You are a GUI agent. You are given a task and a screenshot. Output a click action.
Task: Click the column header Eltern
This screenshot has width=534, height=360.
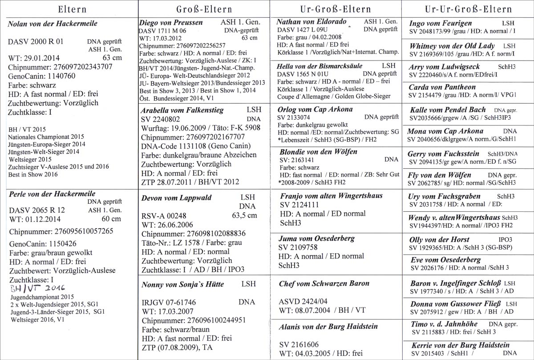(69, 8)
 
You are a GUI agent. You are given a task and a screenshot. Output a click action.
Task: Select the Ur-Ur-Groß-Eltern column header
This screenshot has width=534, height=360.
(467, 8)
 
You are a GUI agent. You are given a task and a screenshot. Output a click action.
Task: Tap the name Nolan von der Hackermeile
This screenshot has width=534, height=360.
(53, 24)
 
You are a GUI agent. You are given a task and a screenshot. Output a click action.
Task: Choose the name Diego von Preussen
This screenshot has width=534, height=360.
(171, 23)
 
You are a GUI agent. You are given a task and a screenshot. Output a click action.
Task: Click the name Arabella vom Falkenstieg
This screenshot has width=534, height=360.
(182, 110)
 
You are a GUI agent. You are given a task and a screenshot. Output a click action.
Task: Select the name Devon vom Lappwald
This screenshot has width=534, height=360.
(176, 198)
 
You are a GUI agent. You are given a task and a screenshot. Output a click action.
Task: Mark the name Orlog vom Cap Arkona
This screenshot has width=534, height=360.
(315, 109)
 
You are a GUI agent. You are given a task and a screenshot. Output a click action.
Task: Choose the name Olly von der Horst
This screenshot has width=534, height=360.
(439, 239)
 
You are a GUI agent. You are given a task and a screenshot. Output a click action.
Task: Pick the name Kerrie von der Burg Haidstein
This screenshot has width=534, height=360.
(460, 345)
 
